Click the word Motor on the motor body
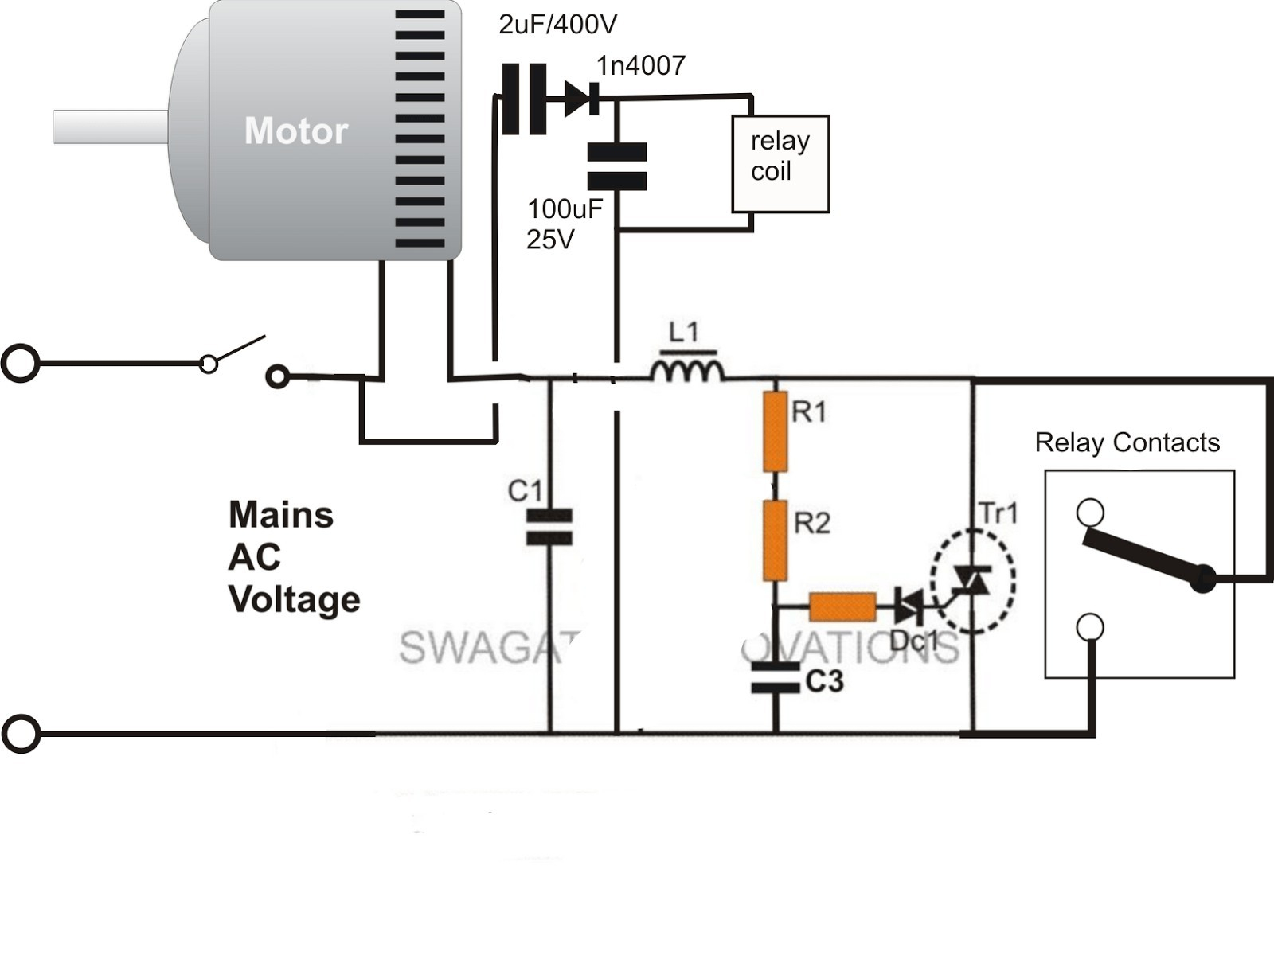pyautogui.click(x=295, y=131)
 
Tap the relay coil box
pyautogui.click(x=780, y=164)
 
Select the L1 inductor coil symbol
pyautogui.click(x=687, y=370)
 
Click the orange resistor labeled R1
pyautogui.click(x=775, y=431)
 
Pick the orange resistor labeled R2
pyautogui.click(x=775, y=540)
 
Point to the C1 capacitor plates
pyautogui.click(x=549, y=528)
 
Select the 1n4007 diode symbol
pyautogui.click(x=580, y=99)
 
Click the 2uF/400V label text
pyautogui.click(x=557, y=25)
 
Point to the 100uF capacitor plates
pyautogui.click(x=616, y=166)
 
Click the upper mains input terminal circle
pyautogui.click(x=20, y=364)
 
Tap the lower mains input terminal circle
pyautogui.click(x=20, y=734)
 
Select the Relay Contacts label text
pyautogui.click(x=1127, y=442)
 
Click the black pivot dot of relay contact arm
pyautogui.click(x=1202, y=579)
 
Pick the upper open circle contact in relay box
pyautogui.click(x=1090, y=513)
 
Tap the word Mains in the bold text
pyautogui.click(x=280, y=515)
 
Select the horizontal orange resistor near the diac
pyautogui.click(x=842, y=607)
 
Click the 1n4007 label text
pyautogui.click(x=641, y=65)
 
